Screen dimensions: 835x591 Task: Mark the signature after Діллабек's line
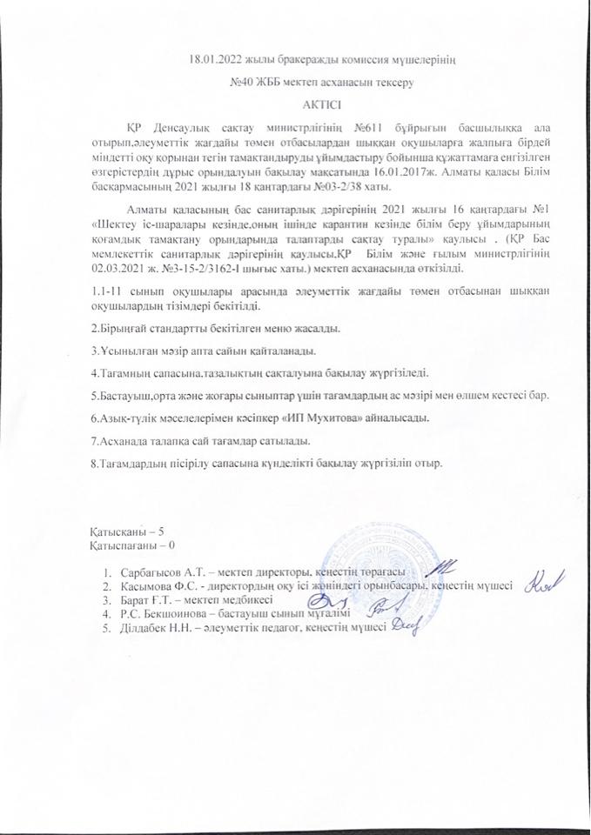pyautogui.click(x=406, y=627)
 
